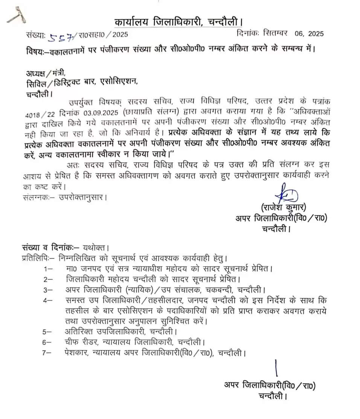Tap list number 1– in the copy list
pos(48,269)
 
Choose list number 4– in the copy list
pos(48,301)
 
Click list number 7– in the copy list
pos(48,353)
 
